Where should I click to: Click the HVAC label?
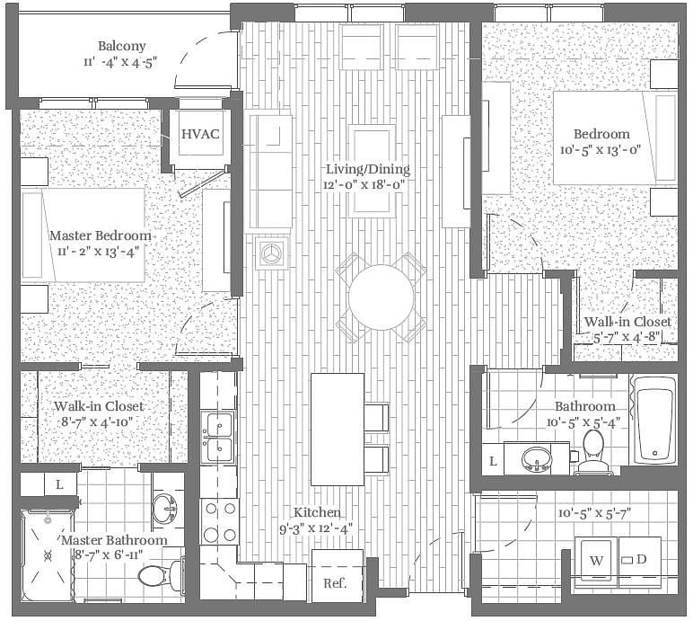(x=199, y=134)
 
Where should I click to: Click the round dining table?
(x=382, y=297)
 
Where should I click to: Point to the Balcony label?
(x=122, y=47)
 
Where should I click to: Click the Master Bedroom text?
(x=100, y=235)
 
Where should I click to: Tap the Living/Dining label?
(x=367, y=169)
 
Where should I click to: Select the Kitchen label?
(x=315, y=511)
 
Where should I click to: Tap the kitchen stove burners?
(x=217, y=522)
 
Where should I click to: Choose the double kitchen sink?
(x=218, y=437)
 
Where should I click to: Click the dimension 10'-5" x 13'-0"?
(x=601, y=150)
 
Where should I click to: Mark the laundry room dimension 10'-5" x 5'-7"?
(x=593, y=513)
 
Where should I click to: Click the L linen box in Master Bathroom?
(x=59, y=484)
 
